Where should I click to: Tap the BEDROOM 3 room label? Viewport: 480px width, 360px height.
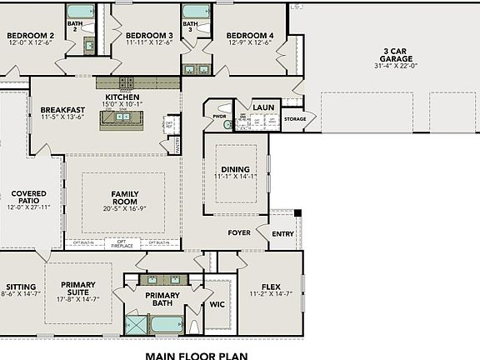[149, 36]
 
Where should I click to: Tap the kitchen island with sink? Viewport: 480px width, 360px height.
[124, 117]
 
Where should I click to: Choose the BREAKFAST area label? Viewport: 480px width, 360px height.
[62, 110]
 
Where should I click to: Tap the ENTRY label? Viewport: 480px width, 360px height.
[282, 234]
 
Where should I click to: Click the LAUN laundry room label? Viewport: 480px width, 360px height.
[264, 107]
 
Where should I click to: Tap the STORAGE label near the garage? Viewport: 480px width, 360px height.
[295, 119]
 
